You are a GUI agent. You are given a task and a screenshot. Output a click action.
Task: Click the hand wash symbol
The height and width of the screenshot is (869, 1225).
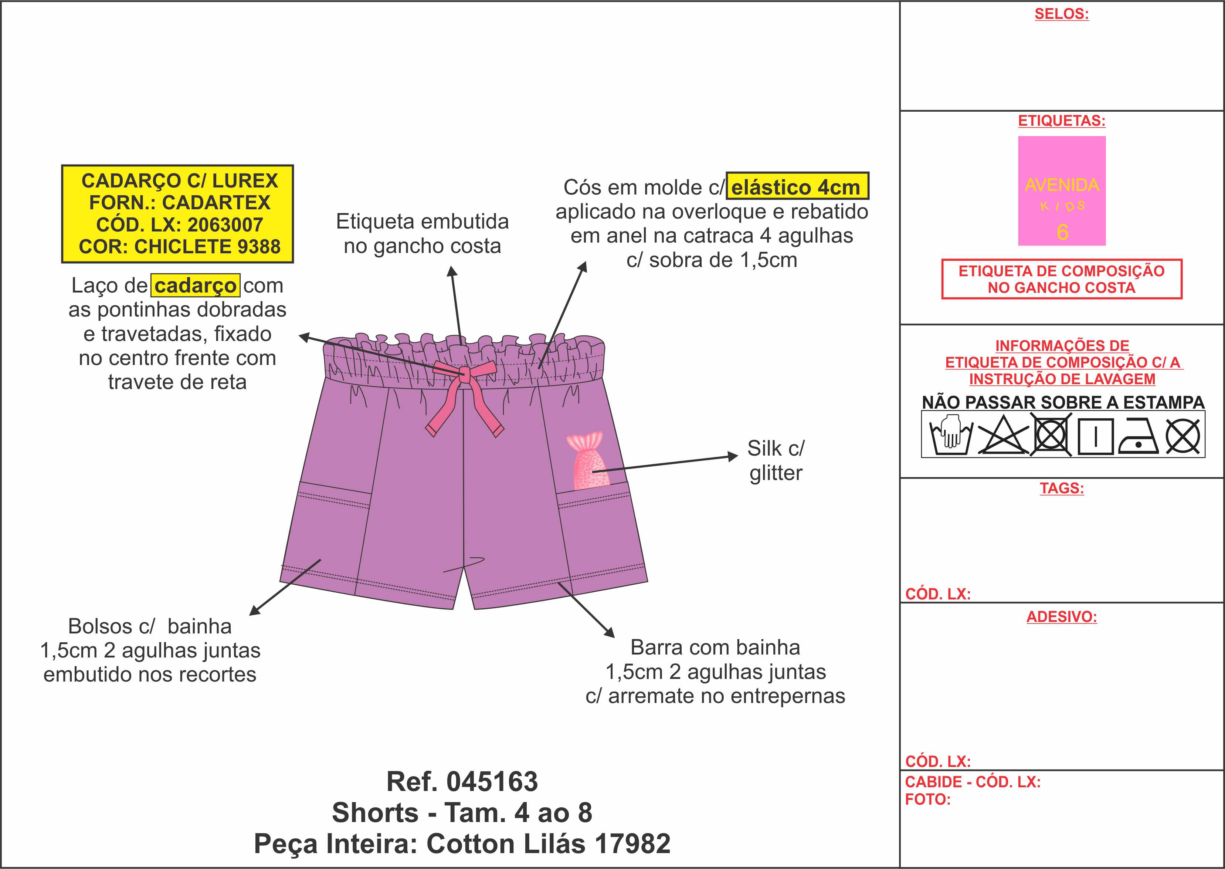pyautogui.click(x=951, y=436)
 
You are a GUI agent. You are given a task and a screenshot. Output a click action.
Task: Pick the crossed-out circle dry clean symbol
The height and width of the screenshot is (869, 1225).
pyautogui.click(x=1183, y=436)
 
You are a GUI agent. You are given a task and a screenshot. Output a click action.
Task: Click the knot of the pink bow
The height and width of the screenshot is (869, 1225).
pyautogui.click(x=464, y=375)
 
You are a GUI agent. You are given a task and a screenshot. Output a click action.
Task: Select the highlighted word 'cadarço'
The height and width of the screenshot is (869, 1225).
pyautogui.click(x=195, y=285)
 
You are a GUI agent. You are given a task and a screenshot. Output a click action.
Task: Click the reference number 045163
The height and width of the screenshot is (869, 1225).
pyautogui.click(x=492, y=782)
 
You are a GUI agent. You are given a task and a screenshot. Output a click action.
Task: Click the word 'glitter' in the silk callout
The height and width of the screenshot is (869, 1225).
pyautogui.click(x=776, y=473)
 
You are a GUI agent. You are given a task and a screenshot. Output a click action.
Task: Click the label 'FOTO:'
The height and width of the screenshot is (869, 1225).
pyautogui.click(x=927, y=799)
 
